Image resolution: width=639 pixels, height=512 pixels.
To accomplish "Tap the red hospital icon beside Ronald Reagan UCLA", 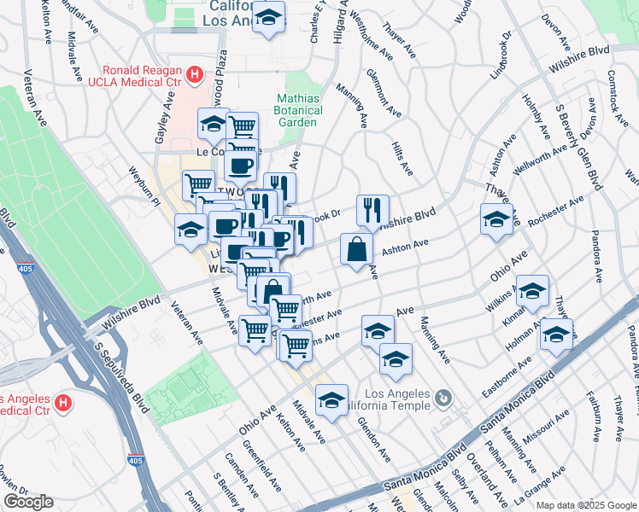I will tap(195, 76).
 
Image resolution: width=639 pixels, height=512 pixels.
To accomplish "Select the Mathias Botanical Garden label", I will tap(299, 110).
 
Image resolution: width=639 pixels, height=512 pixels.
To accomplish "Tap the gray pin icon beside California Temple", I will tap(443, 399).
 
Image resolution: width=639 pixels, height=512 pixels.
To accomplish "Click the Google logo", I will tap(28, 502).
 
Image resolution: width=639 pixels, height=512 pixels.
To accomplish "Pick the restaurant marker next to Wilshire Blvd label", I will tap(372, 210).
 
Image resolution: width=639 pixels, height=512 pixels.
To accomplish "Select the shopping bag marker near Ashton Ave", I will tap(356, 249).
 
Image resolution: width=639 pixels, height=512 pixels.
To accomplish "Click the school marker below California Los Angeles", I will tap(269, 20).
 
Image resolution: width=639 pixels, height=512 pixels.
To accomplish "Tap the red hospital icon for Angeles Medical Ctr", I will tap(62, 401).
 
